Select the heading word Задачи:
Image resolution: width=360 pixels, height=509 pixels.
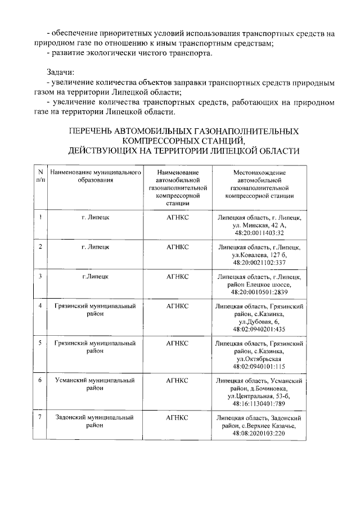click(60, 73)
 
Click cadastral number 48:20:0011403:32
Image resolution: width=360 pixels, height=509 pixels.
click(259, 233)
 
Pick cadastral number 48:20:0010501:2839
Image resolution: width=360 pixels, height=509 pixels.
click(259, 292)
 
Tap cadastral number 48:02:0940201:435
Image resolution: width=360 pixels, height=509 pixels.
click(259, 330)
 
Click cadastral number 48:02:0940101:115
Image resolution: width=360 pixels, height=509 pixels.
click(259, 367)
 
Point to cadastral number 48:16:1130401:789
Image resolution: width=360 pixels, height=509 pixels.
click(259, 404)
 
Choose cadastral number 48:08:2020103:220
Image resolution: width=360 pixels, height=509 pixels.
click(259, 434)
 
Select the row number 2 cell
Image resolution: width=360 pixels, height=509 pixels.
click(40, 247)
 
